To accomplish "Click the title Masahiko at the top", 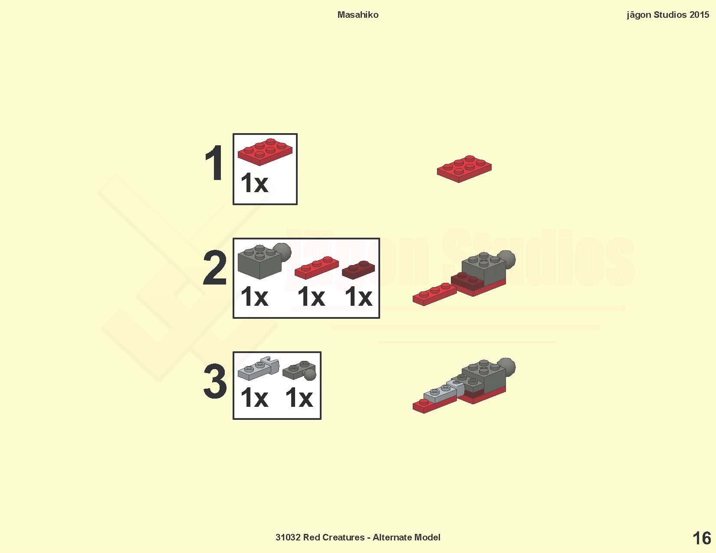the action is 358,15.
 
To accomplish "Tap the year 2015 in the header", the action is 699,15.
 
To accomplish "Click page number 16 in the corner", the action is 702,539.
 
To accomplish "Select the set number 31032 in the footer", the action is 288,537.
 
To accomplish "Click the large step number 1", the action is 214,163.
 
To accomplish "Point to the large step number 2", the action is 214,267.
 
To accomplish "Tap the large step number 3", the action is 215,381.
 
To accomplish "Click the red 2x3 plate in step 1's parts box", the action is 265,151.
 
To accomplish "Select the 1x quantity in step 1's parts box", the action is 254,183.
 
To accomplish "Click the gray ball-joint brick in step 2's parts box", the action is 264,261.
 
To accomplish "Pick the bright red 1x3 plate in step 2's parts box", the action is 316,268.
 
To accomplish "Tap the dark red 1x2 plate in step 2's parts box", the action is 358,270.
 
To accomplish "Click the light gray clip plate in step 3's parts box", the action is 258,369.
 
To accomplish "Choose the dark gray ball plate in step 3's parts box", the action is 299,371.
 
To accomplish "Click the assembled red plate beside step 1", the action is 464,169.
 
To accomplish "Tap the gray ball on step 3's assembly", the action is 506,366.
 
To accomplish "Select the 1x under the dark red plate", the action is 358,297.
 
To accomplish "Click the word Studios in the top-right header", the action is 670,15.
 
